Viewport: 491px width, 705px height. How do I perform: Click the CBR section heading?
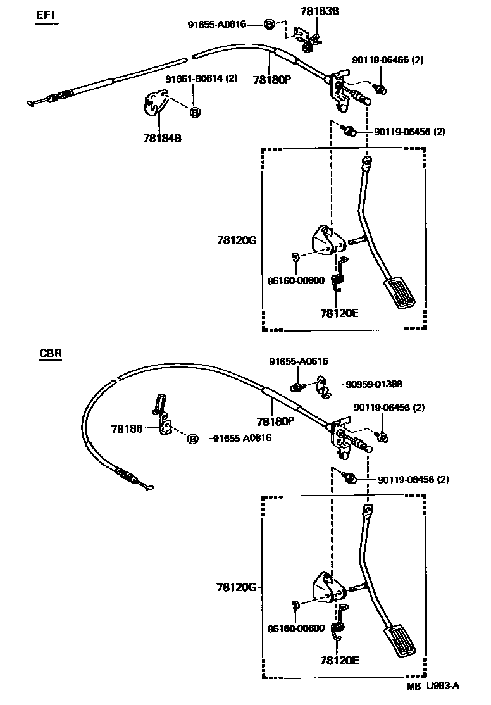50,354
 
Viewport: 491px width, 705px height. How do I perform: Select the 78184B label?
162,137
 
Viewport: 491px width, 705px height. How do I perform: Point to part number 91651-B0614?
201,78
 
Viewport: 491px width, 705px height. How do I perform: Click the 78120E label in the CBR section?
340,660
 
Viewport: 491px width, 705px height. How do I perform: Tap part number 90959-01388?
373,384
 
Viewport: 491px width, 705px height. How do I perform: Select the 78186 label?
127,428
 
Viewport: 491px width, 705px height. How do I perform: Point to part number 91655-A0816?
242,438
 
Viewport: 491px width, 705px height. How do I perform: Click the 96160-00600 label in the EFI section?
295,280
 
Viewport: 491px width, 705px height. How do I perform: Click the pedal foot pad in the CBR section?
399,642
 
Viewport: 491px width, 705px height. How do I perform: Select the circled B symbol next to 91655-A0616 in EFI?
269,25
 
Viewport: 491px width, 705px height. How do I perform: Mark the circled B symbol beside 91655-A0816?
193,439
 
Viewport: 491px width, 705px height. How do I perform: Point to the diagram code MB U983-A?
433,686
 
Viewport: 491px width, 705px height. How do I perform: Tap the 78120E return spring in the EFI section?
340,277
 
